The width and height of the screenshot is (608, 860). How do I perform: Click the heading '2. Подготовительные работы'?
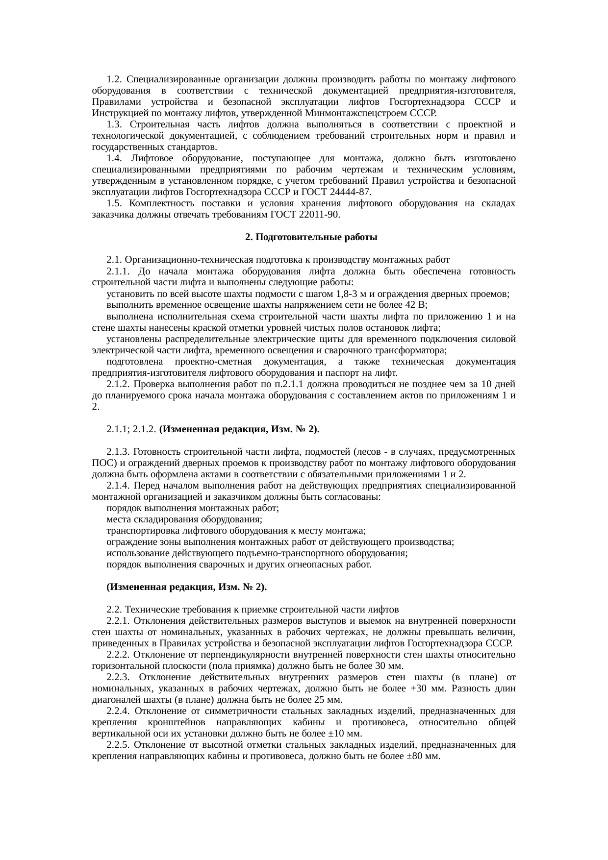[x=310, y=237]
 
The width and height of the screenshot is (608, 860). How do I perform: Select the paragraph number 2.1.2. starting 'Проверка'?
[x=118, y=384]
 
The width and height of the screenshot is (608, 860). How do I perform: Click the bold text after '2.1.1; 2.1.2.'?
[x=240, y=429]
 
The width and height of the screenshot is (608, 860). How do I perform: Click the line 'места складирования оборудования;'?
[x=184, y=519]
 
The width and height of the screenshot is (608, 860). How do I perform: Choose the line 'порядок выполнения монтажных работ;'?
[x=193, y=508]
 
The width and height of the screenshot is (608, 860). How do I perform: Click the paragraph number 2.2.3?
[x=118, y=677]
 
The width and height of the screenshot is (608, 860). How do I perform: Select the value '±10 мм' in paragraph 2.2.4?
[x=347, y=734]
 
